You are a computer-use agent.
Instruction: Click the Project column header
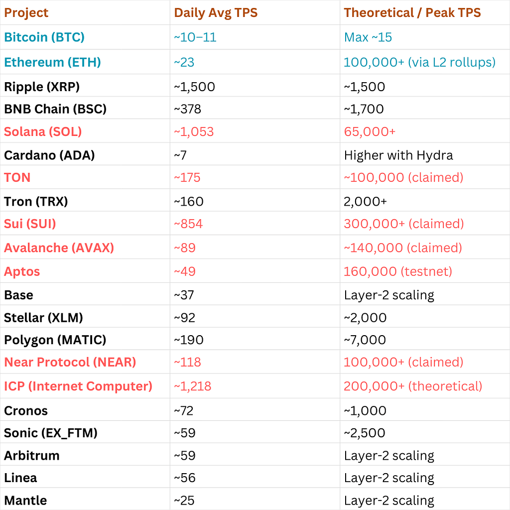tap(26, 12)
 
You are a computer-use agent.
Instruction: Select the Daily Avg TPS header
tap(216, 12)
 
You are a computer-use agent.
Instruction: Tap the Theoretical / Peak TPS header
tap(412, 12)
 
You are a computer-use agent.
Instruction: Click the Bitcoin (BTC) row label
tap(44, 37)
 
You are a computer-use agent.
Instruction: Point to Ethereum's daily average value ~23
tap(184, 62)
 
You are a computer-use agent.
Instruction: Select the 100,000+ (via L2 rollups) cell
tap(419, 62)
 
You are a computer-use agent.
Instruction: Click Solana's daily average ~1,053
tap(194, 131)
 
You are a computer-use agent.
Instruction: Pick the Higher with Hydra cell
tap(398, 155)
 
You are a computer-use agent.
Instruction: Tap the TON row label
tap(17, 178)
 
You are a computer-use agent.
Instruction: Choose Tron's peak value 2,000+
tap(365, 202)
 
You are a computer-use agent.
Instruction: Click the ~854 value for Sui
tap(188, 224)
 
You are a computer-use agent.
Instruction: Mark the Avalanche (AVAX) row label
tap(59, 248)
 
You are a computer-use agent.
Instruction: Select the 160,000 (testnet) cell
tap(398, 271)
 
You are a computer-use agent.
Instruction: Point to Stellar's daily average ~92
tap(184, 318)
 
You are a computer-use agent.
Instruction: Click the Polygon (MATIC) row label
tap(55, 340)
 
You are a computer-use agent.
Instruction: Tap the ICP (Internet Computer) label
tap(78, 386)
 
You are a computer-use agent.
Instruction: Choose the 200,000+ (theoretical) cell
tap(413, 386)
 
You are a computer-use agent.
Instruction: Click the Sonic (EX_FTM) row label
tap(51, 433)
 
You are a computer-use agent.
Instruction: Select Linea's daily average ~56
tap(184, 478)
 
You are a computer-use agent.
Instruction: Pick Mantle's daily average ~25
tap(184, 501)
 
